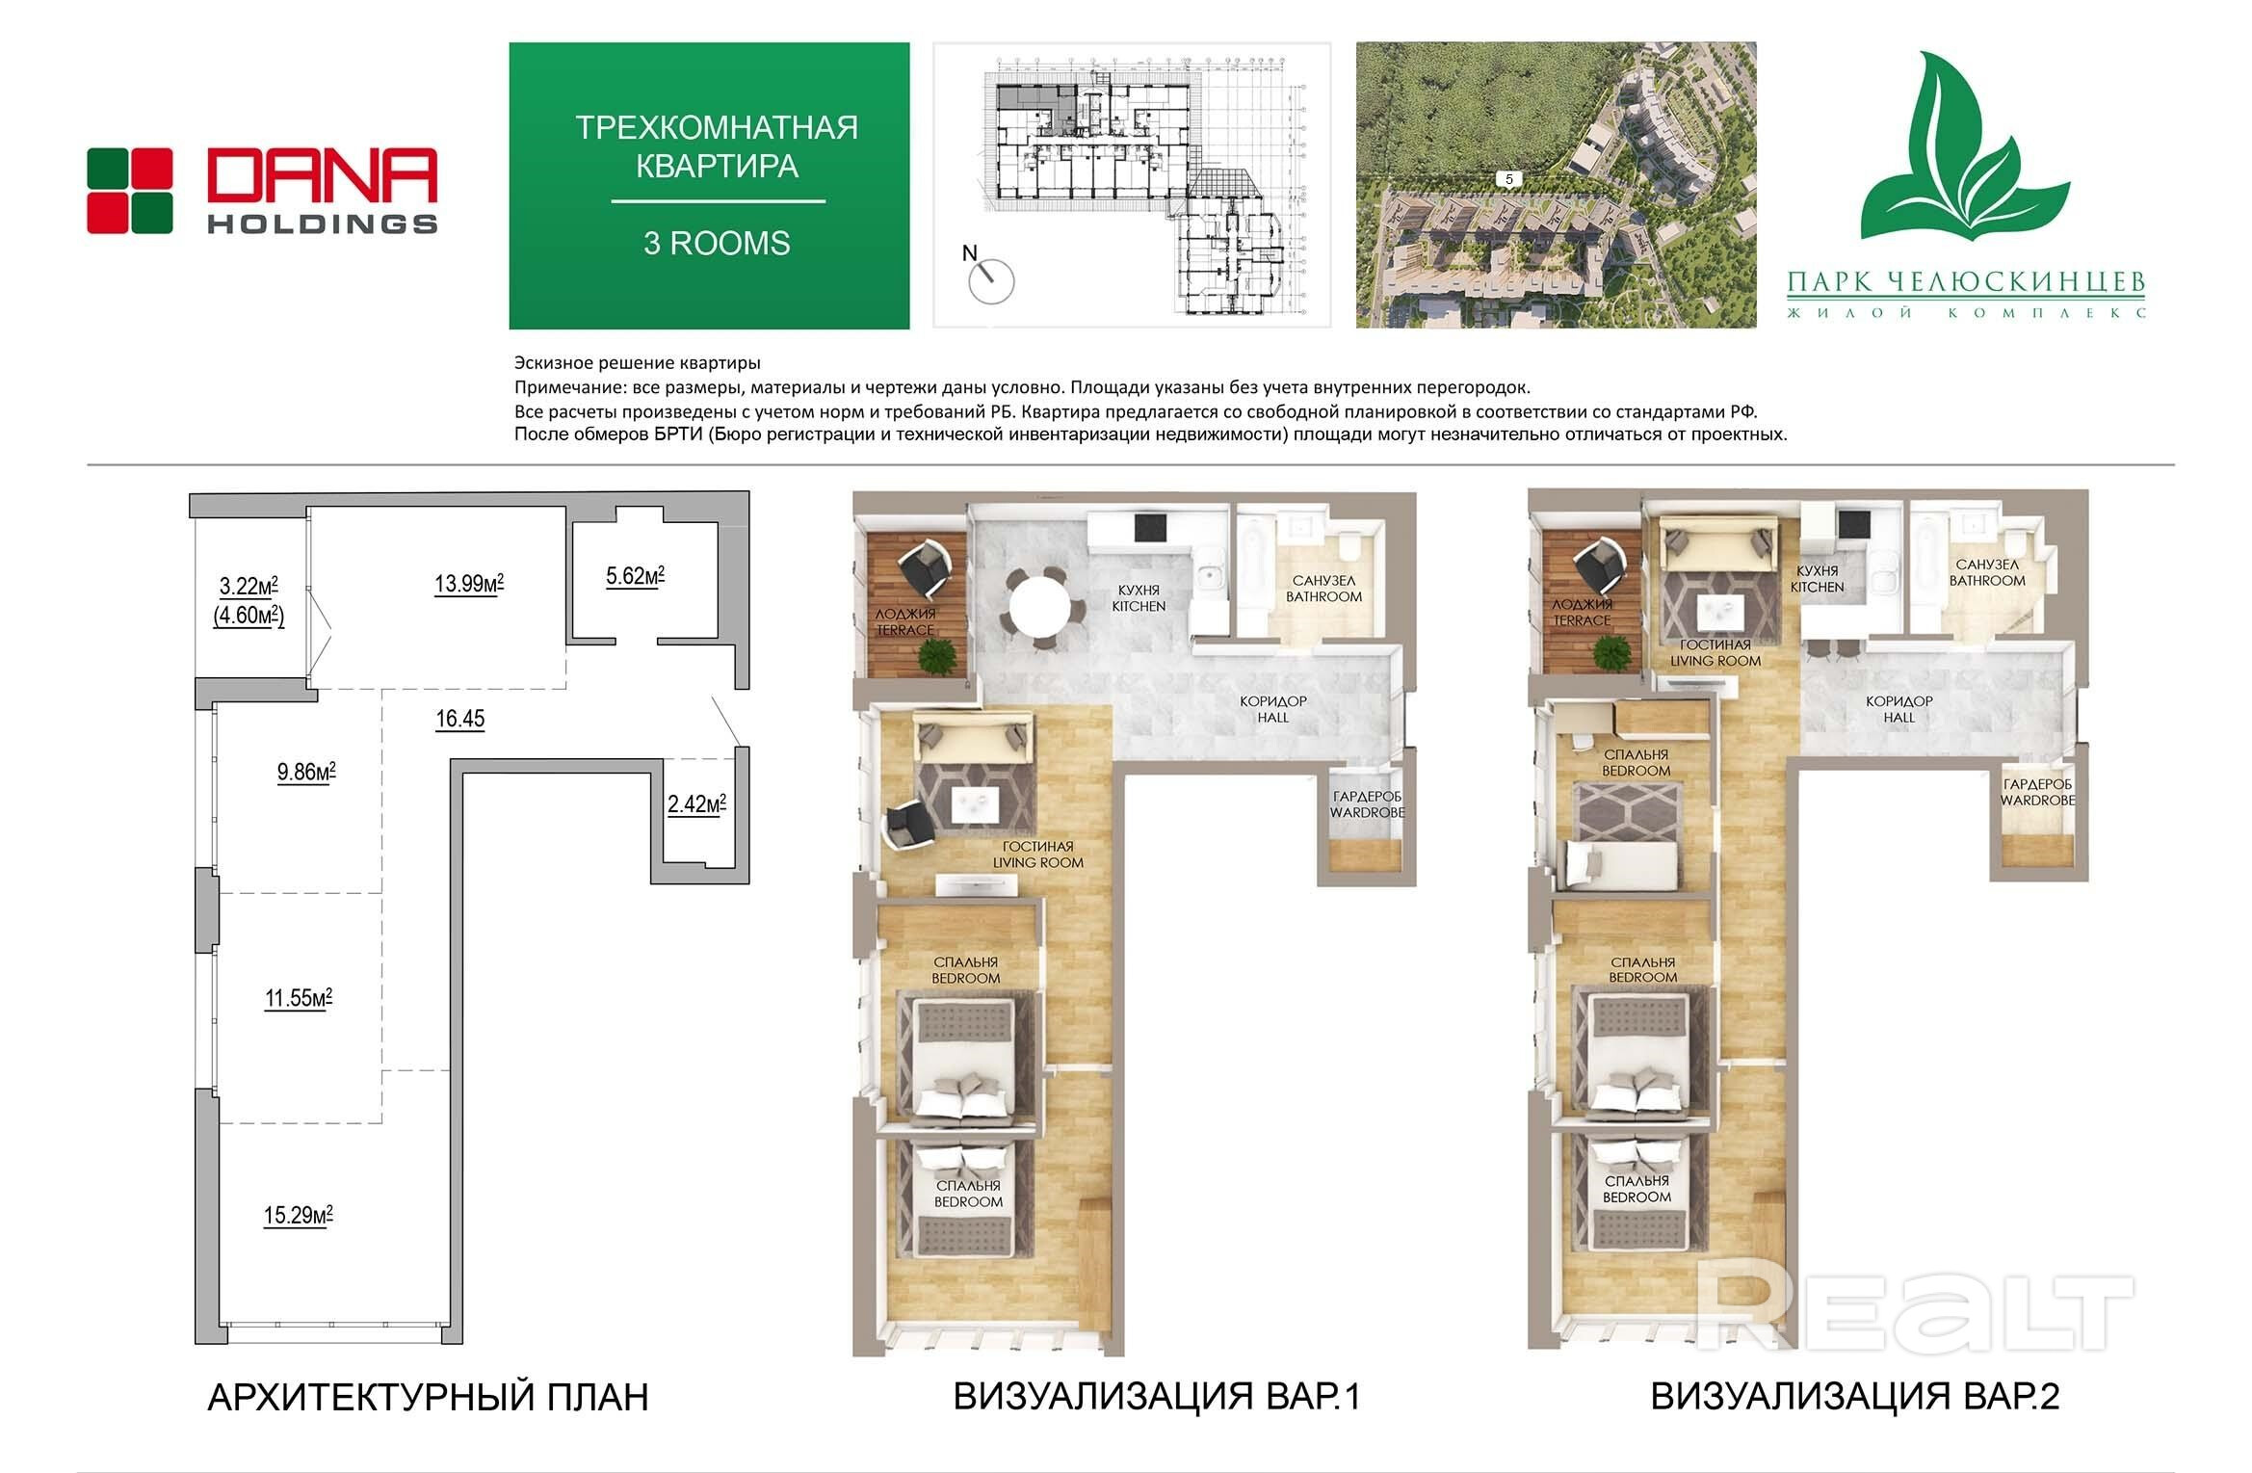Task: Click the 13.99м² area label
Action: click(469, 583)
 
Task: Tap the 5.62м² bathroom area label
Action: click(635, 576)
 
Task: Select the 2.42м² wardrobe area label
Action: click(696, 803)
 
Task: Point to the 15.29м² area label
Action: click(299, 1215)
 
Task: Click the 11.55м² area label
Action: click(299, 997)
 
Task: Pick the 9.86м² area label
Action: click(306, 772)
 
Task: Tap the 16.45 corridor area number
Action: click(460, 719)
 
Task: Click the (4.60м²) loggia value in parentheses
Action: click(249, 615)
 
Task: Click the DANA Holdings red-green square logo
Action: click(129, 191)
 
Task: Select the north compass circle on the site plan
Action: click(991, 281)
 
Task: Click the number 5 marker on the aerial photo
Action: click(1509, 179)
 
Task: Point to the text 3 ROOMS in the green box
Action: click(717, 243)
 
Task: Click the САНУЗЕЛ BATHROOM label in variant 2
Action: click(1987, 572)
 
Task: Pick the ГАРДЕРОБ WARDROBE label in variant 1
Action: click(1368, 804)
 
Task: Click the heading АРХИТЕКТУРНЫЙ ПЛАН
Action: click(428, 1397)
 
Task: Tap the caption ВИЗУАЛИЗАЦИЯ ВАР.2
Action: click(1855, 1397)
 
